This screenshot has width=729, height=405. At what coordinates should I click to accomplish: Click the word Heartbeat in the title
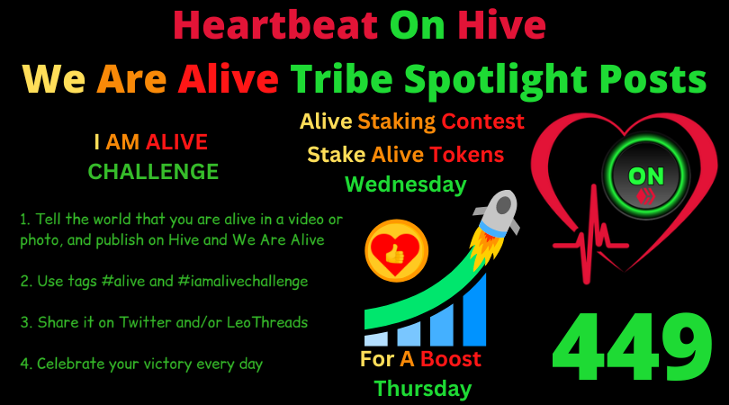(x=275, y=25)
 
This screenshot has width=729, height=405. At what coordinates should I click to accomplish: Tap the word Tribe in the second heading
(x=342, y=79)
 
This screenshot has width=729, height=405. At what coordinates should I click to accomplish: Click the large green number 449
(x=633, y=346)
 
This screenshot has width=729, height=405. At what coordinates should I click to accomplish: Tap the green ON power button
(x=646, y=176)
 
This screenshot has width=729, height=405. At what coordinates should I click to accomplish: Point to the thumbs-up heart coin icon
(x=396, y=250)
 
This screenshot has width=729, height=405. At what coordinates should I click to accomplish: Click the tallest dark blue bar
(x=473, y=310)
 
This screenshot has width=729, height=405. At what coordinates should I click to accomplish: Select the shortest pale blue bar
(x=375, y=338)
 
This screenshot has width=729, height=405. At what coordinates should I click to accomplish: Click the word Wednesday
(x=405, y=184)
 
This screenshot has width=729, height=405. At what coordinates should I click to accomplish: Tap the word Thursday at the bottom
(x=423, y=389)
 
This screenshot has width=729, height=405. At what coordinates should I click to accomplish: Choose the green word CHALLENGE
(x=153, y=172)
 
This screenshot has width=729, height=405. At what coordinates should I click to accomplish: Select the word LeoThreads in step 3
(x=267, y=322)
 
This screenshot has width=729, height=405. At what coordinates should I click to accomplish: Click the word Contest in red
(x=482, y=121)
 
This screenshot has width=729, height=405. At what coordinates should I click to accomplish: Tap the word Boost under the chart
(x=451, y=359)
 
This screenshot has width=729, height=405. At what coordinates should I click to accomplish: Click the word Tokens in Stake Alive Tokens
(x=466, y=155)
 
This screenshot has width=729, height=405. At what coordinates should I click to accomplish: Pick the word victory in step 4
(x=166, y=364)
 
